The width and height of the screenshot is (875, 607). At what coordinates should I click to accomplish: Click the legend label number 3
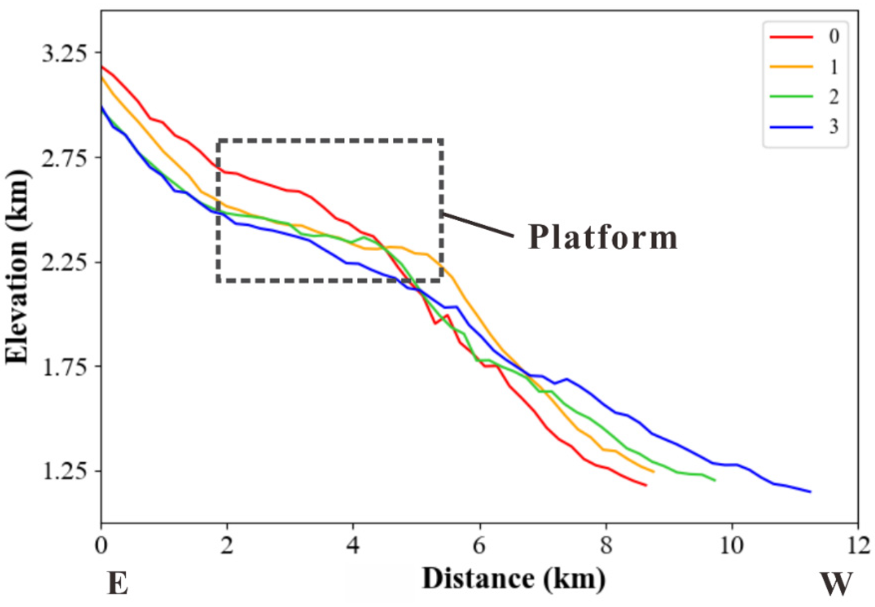pos(833,127)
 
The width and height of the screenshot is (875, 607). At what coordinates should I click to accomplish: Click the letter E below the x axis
pos(117,585)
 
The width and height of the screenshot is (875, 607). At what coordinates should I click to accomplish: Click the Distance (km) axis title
pos(514,580)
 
